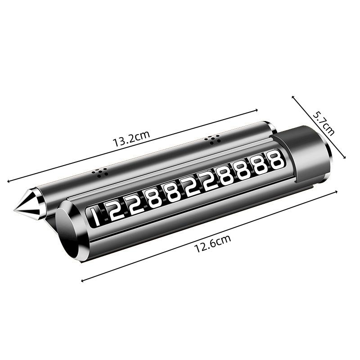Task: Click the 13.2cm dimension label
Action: [x=131, y=138]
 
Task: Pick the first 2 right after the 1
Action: [x=115, y=211]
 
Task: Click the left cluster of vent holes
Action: [x=99, y=172]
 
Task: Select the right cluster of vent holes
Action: [x=212, y=140]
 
